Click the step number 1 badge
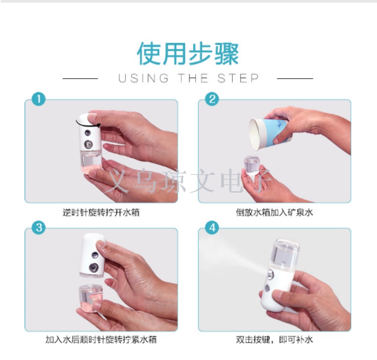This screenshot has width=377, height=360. [x=39, y=99]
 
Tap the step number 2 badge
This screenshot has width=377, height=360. [x=212, y=99]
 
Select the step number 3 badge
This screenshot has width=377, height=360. [x=39, y=228]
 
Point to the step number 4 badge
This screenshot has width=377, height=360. [x=212, y=228]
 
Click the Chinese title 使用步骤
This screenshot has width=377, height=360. [x=188, y=53]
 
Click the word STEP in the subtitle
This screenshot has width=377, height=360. [x=238, y=78]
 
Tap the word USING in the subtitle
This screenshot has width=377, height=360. [x=144, y=78]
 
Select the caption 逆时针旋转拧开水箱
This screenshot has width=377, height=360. [x=101, y=213]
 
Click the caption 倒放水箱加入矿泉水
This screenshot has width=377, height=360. [x=274, y=213]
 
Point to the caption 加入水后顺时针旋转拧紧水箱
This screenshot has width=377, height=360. [x=101, y=340]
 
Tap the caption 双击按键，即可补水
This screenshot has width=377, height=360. [x=274, y=340]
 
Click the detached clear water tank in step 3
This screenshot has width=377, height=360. [x=90, y=298]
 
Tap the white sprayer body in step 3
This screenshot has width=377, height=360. [x=93, y=255]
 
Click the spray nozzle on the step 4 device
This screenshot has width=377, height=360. [x=270, y=275]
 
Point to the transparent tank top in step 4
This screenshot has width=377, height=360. [x=285, y=253]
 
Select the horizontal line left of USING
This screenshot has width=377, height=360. [x=80, y=78]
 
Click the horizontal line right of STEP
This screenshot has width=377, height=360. [x=295, y=78]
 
